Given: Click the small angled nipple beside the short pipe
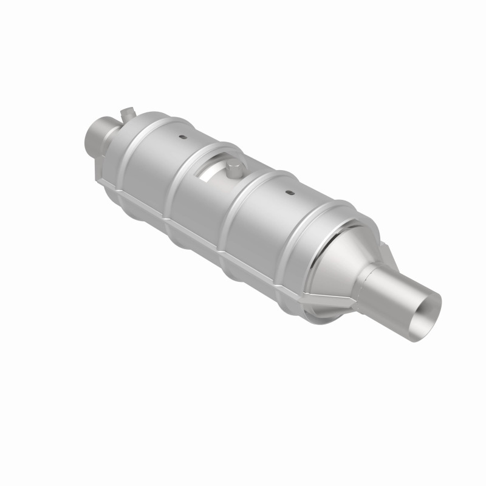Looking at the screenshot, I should [x=126, y=112].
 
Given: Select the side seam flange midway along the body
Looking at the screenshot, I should [x=200, y=240].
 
